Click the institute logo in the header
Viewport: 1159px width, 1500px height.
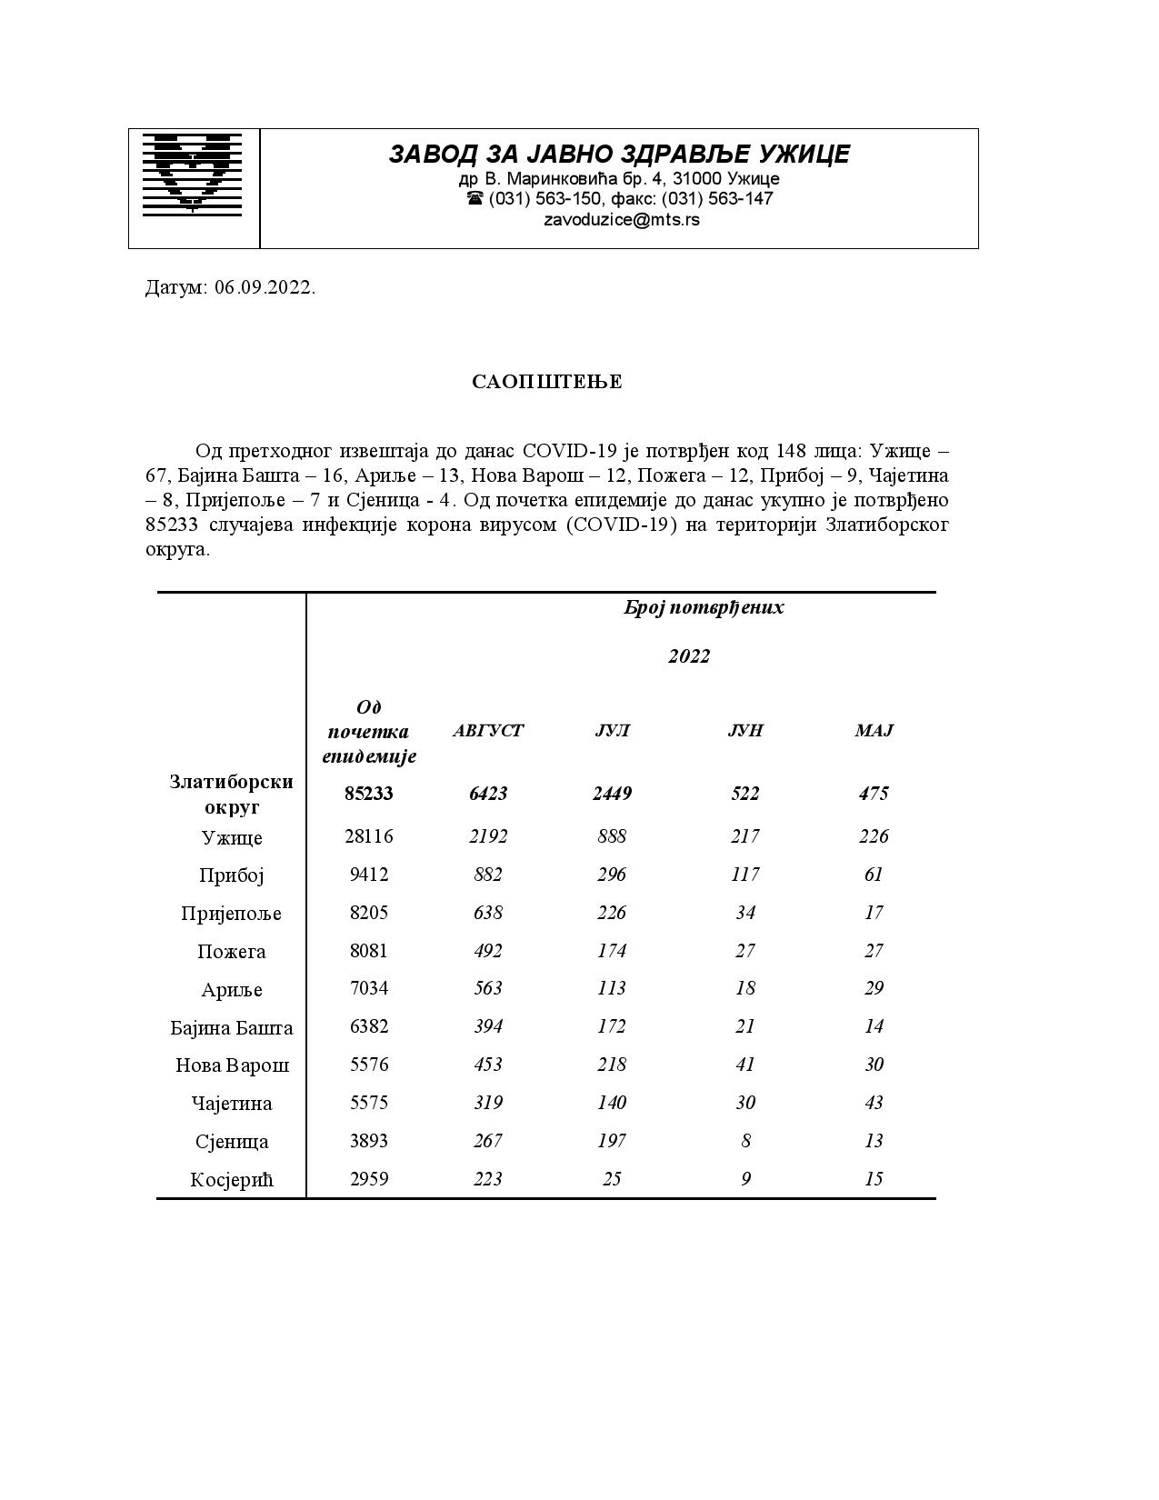[193, 175]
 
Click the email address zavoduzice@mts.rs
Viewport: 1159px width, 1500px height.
[621, 220]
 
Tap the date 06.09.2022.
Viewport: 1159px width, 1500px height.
[265, 288]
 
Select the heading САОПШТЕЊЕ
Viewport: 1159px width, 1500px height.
[546, 382]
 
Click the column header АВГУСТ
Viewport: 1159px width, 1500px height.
[488, 731]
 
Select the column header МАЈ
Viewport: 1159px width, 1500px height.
[874, 731]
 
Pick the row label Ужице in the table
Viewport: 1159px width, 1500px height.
[231, 837]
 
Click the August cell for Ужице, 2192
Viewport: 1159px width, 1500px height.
[488, 836]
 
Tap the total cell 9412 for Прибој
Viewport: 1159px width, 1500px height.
[368, 875]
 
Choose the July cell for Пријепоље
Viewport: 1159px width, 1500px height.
[612, 913]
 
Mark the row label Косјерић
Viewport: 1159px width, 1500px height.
[231, 1180]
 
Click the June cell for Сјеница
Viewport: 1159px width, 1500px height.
[745, 1141]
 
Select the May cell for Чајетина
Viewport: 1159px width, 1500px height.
[874, 1103]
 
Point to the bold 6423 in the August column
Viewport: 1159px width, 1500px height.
[488, 794]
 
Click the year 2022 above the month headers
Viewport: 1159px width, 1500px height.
[688, 656]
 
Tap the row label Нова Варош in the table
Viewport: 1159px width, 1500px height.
[232, 1065]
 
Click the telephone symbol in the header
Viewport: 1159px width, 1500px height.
[475, 198]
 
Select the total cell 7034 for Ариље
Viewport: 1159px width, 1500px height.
[368, 988]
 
